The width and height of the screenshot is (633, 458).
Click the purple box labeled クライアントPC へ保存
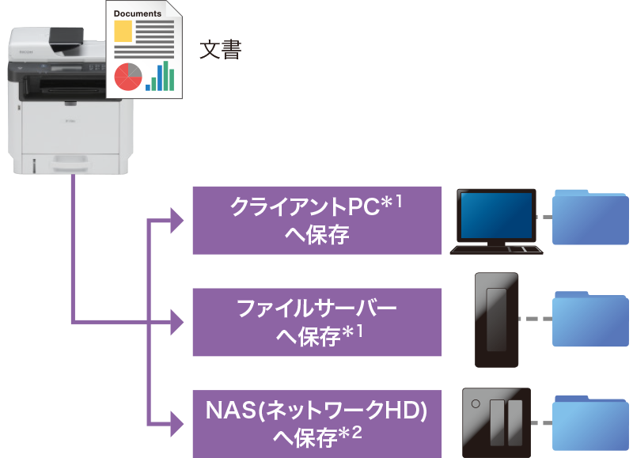pyautogui.click(x=316, y=220)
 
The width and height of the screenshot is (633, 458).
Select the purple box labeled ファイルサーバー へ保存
pyautogui.click(x=316, y=322)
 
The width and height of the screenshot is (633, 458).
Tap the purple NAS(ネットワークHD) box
pyautogui.click(x=316, y=423)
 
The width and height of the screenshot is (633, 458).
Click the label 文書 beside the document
pyautogui.click(x=219, y=51)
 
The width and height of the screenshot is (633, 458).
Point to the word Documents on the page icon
pyautogui.click(x=137, y=13)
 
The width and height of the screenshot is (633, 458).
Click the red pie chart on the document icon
pyautogui.click(x=127, y=77)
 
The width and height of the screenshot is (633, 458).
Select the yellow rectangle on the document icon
pyautogui.click(x=123, y=32)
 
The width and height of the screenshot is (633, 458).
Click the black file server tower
pyautogui.click(x=496, y=320)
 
